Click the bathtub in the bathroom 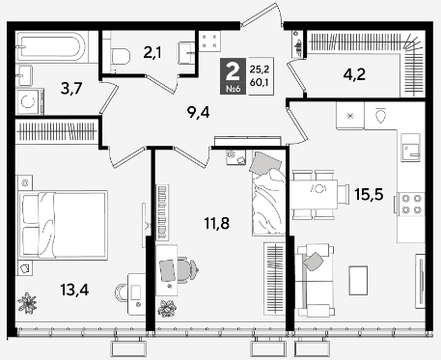(51, 46)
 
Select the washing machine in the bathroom (29, 102)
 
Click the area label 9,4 (198, 113)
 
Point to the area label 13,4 (74, 290)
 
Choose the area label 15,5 (369, 194)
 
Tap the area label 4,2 (354, 74)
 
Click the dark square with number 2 (233, 76)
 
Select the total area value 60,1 (259, 83)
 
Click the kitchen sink (410, 148)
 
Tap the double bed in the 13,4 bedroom (63, 225)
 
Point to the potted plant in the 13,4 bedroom (27, 302)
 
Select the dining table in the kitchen (314, 195)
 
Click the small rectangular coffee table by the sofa (358, 280)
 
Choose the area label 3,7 (71, 89)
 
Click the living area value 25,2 (259, 69)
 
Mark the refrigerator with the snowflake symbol (350, 116)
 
